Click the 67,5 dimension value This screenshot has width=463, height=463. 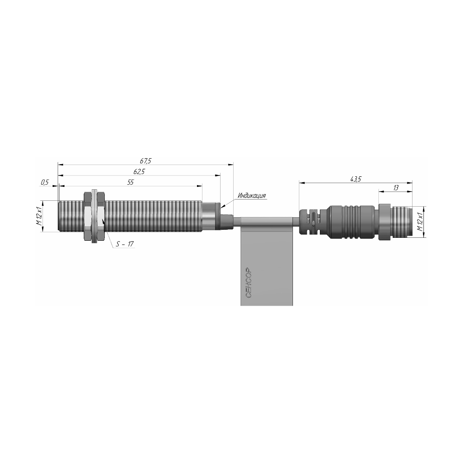click(146, 161)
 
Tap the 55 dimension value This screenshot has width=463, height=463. click(130, 182)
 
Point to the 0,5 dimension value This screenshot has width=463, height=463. click(45, 183)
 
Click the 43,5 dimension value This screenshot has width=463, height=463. click(356, 179)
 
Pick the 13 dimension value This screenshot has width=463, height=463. click(396, 188)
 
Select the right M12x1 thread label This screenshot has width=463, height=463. click(420, 221)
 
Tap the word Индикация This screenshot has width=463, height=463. click(252, 195)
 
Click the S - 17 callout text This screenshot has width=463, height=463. click(125, 244)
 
